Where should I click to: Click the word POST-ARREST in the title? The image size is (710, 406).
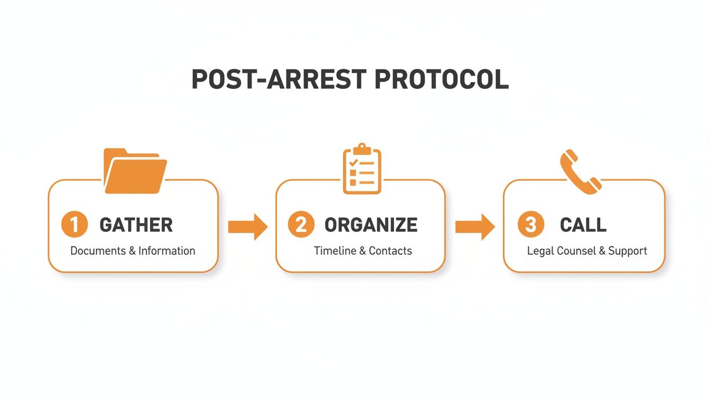tap(279, 79)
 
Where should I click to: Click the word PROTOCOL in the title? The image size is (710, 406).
tap(442, 79)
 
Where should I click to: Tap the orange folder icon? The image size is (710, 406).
tap(135, 171)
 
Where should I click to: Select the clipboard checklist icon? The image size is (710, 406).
tap(362, 169)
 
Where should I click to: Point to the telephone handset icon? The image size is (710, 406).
tap(581, 172)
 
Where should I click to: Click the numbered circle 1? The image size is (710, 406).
tap(74, 224)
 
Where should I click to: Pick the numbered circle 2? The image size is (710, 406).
tap(301, 224)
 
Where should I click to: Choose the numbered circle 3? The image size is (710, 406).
tap(531, 224)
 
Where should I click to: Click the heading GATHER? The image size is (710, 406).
tap(136, 225)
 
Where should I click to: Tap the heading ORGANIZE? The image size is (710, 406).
tap(371, 225)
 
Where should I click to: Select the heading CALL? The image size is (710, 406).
tap(583, 225)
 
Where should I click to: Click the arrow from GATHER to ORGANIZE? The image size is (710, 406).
tap(248, 227)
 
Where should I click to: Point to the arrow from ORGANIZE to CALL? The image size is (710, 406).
tap(475, 227)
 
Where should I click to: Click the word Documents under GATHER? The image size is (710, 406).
tap(98, 251)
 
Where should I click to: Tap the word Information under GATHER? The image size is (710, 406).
tap(167, 251)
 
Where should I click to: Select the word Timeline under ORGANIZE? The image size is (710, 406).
tap(335, 251)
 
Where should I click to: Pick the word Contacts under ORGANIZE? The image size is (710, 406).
tap(390, 251)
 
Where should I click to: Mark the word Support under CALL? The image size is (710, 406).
tap(627, 251)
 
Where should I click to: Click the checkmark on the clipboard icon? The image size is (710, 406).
tap(353, 163)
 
